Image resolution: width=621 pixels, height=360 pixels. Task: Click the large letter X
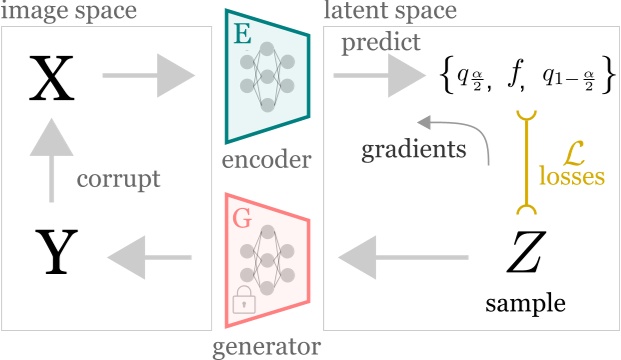click(x=51, y=80)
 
